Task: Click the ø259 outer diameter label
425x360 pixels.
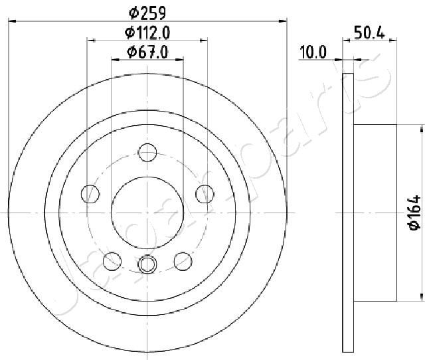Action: (147, 13)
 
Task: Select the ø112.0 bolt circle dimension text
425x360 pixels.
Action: (147, 33)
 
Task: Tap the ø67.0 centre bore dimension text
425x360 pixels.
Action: (147, 52)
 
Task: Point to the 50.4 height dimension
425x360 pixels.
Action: (369, 33)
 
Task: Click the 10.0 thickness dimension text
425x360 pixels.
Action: (313, 52)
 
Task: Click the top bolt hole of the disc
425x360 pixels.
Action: (147, 153)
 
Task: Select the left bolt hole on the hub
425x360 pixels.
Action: (90, 194)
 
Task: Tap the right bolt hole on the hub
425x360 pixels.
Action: (205, 194)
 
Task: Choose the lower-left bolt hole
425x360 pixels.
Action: (112, 261)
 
